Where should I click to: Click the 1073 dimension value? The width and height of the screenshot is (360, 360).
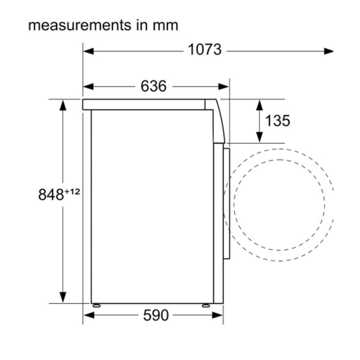(x=205, y=49)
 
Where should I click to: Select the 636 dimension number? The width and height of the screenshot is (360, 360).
(x=153, y=86)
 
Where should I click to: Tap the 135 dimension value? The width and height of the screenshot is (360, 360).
(x=277, y=121)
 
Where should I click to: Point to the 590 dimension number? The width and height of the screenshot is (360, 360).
(x=156, y=315)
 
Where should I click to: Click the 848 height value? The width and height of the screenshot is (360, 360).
(x=51, y=194)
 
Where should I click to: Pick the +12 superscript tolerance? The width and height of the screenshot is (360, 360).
(x=72, y=192)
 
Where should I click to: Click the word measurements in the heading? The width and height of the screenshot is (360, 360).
(x=80, y=25)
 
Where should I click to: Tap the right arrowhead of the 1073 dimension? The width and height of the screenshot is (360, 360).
(x=328, y=51)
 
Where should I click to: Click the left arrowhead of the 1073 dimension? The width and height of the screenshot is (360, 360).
(x=89, y=51)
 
